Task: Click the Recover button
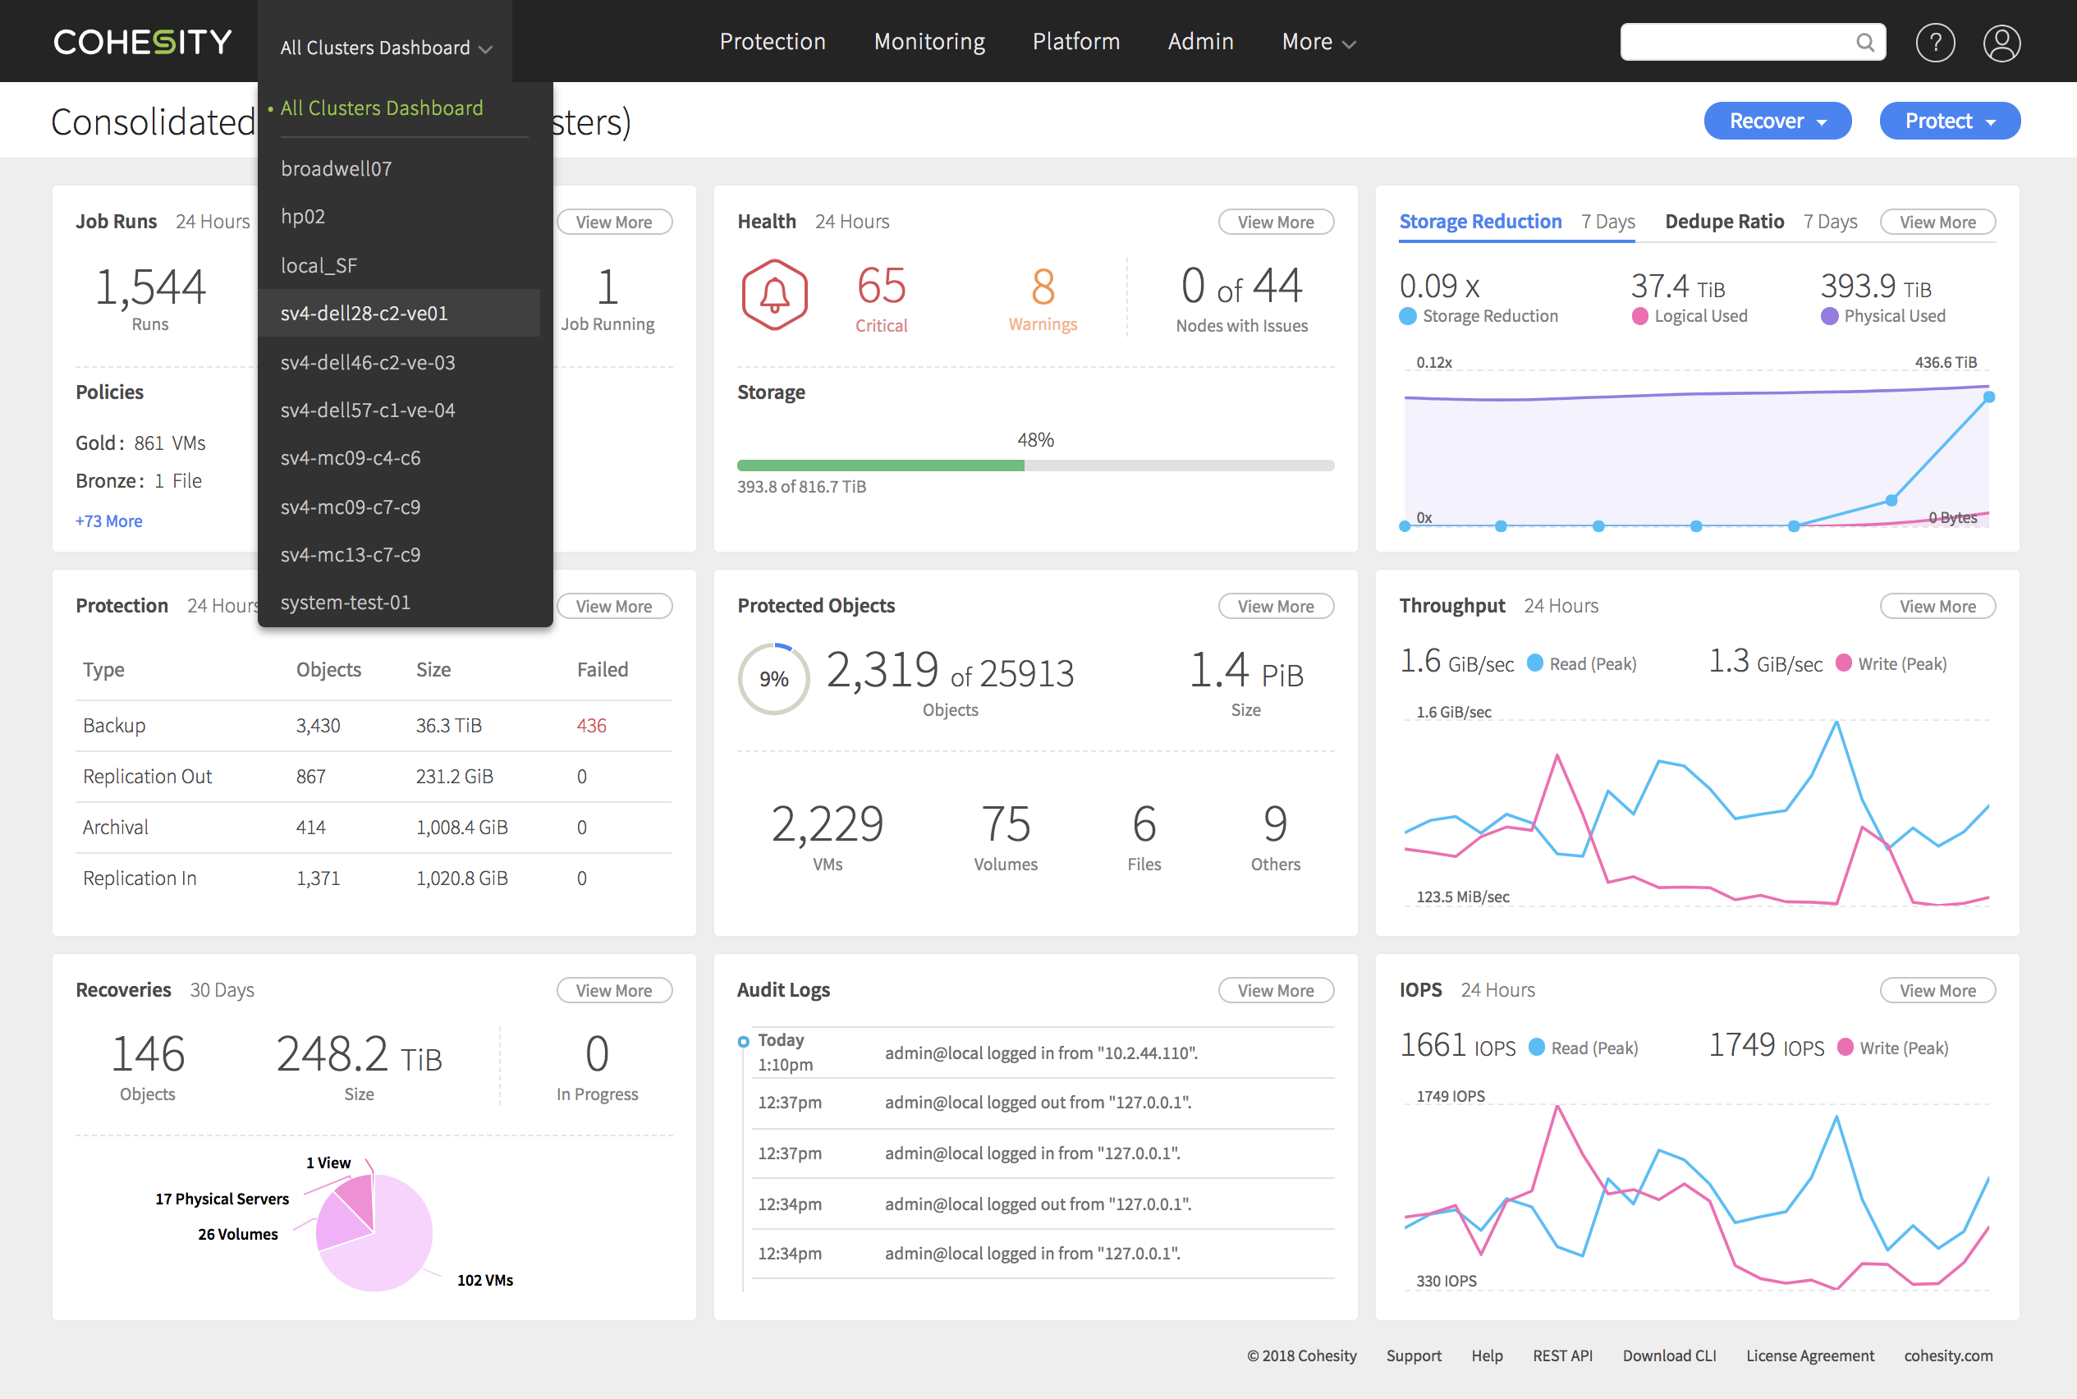pos(1777,121)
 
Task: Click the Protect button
pos(1949,121)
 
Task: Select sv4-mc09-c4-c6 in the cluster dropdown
pos(351,457)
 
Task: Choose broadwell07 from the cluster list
pos(337,168)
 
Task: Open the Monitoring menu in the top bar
pos(928,41)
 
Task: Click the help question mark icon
pos(1934,42)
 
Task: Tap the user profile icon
pos(2001,42)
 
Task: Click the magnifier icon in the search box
pos(1864,42)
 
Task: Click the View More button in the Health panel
pos(1275,222)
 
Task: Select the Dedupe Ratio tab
pos(1724,222)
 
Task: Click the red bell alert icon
pos(773,296)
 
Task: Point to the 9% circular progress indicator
pos(773,679)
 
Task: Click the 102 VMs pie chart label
pos(484,1279)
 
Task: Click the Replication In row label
pos(140,878)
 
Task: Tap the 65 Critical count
pos(881,297)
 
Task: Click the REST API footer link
pos(1562,1355)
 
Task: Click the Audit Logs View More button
pos(1275,990)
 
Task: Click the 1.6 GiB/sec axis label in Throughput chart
pos(1453,712)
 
